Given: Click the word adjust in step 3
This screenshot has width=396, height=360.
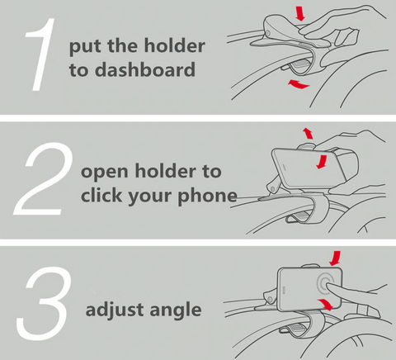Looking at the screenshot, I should tap(114, 310).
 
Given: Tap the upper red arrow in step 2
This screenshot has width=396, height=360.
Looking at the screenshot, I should tap(308, 132).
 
